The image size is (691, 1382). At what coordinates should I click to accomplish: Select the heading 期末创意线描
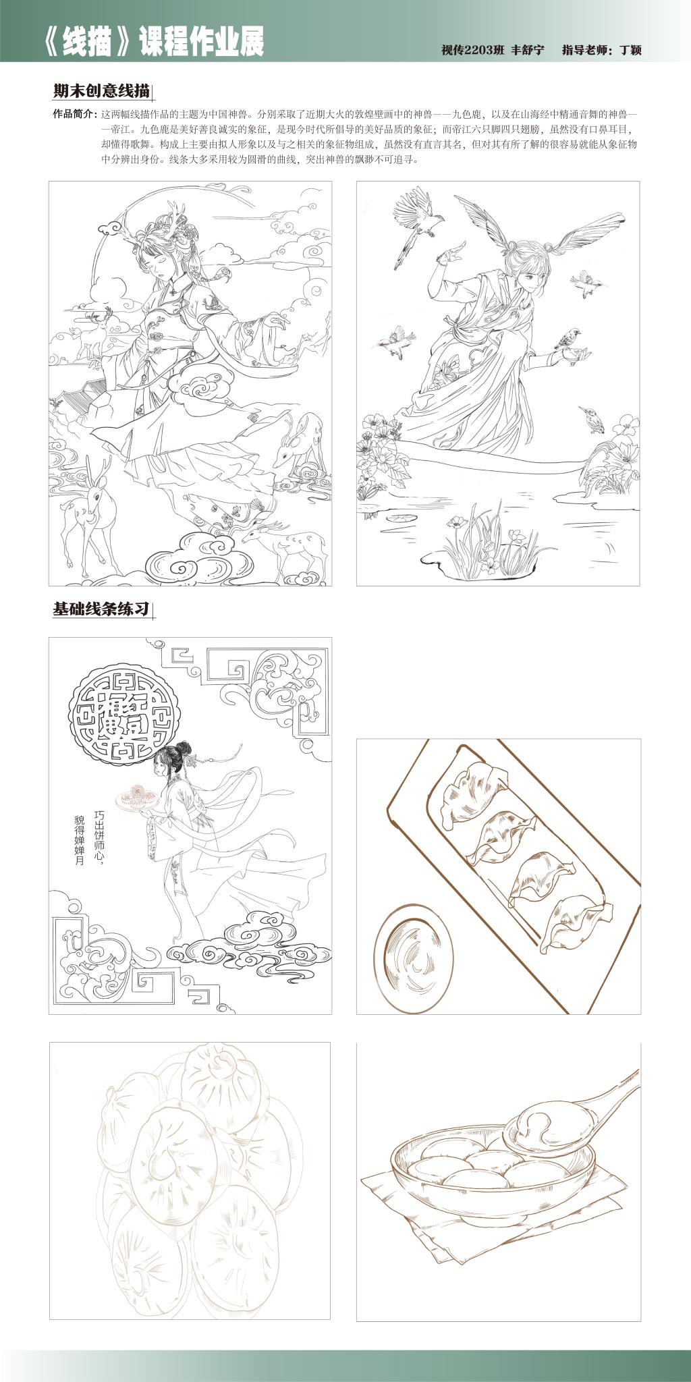click(101, 91)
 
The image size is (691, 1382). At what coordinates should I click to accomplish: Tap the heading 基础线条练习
click(101, 609)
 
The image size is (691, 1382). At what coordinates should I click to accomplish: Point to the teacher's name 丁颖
click(630, 50)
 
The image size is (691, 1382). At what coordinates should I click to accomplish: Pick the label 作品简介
click(74, 113)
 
